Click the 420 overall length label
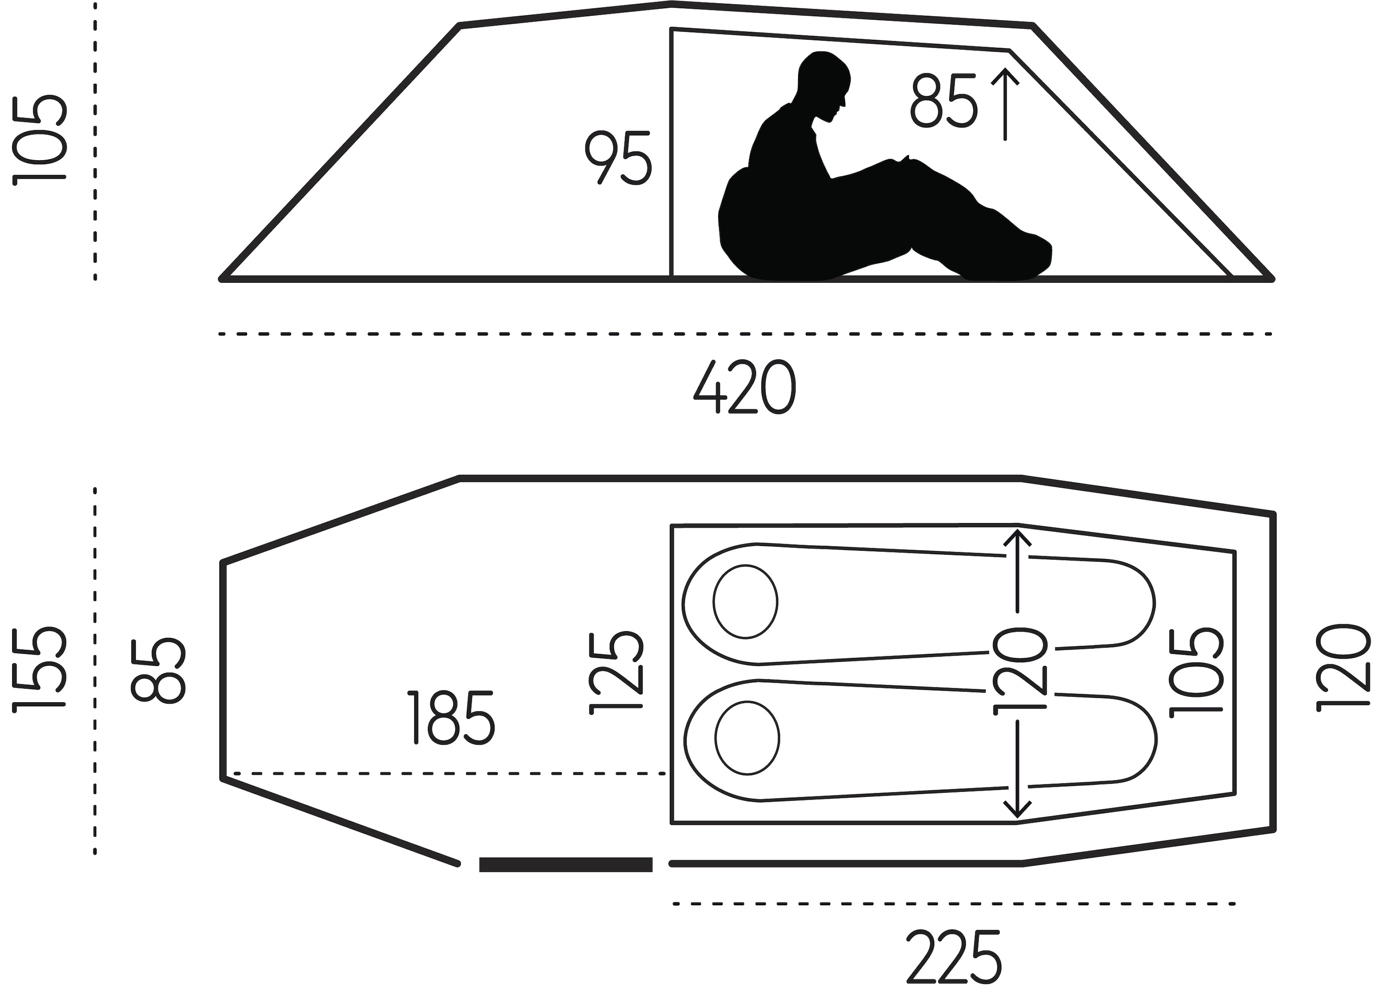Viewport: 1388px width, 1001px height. click(745, 387)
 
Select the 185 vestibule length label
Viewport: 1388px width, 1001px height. click(452, 718)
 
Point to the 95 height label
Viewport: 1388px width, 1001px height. click(618, 157)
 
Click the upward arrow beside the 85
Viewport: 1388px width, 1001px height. click(1005, 104)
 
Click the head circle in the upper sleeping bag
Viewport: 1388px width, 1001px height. click(746, 602)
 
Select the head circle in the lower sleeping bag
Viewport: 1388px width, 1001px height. click(747, 738)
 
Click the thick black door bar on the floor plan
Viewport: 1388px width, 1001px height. click(565, 864)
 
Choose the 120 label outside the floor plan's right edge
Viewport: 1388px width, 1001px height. click(1342, 667)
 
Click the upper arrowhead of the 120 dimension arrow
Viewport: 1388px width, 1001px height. click(1017, 535)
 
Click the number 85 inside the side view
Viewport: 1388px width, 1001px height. click(943, 101)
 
